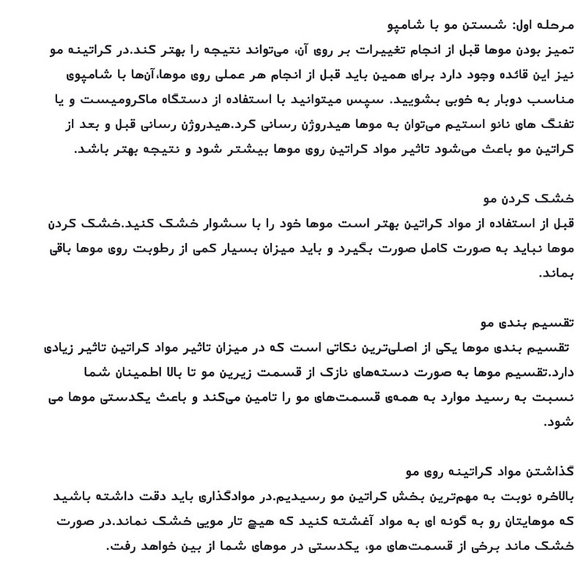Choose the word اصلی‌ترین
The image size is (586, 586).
point(423,348)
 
